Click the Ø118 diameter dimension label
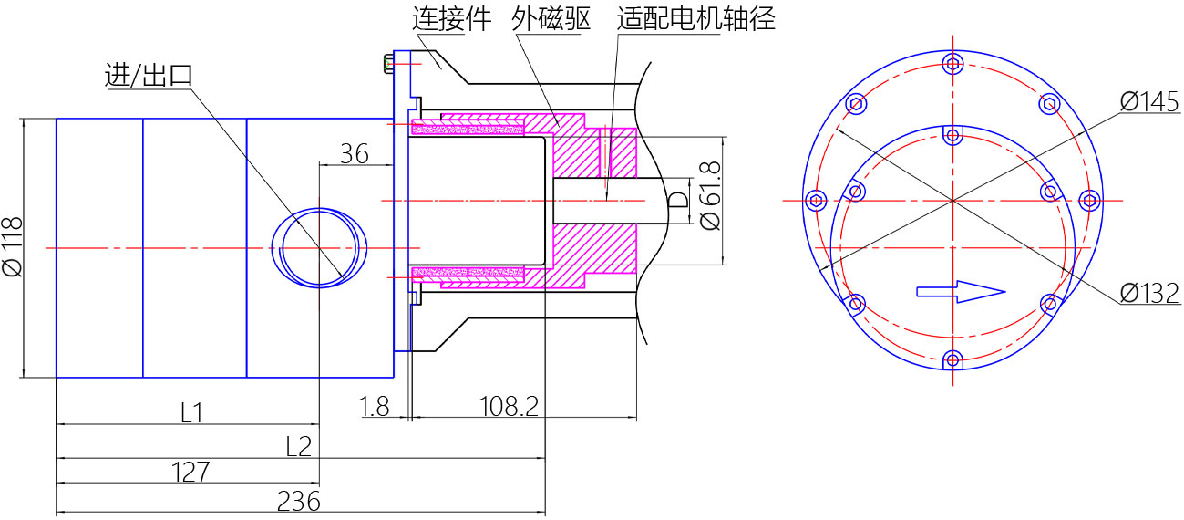pos(13,246)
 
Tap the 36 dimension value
pos(355,154)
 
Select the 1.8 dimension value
pos(374,407)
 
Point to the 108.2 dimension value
pos(509,407)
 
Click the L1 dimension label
pos(191,413)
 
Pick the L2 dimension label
pos(299,446)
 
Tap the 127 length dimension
pos(190,472)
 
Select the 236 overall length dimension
pos(299,502)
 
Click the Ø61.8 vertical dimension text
pos(710,196)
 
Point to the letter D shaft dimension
pos(679,200)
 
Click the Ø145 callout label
pos(1149,101)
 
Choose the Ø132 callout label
pos(1149,293)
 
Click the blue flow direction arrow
pos(961,292)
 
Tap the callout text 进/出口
pos(149,76)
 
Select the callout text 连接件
pos(452,19)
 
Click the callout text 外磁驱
pos(551,19)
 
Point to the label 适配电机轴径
pos(696,19)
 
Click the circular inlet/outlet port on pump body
pos(319,247)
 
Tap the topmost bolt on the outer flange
pos(952,65)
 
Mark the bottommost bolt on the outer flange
pos(952,360)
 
